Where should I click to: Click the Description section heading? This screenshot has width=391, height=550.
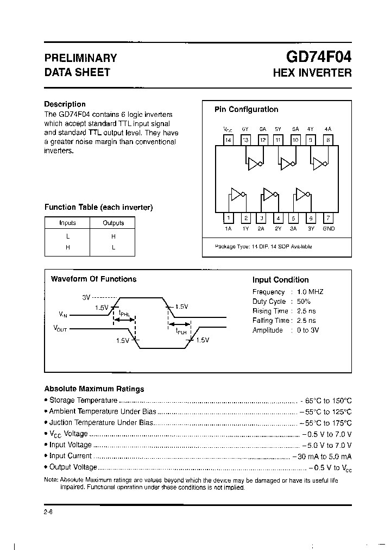(x=65, y=104)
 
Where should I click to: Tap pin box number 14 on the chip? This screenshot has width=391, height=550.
(x=228, y=140)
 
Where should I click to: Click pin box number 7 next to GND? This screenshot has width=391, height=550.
(x=327, y=218)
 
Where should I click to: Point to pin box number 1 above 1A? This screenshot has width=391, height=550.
(x=228, y=218)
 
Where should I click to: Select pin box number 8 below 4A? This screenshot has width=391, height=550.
(x=327, y=140)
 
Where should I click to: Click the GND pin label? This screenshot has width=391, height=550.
(x=328, y=229)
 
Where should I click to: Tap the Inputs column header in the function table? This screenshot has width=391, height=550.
(x=67, y=223)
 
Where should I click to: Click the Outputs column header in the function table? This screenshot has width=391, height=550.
(x=113, y=223)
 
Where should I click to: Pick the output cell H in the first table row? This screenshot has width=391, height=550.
(x=113, y=236)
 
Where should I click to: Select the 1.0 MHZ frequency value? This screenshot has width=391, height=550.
(x=310, y=292)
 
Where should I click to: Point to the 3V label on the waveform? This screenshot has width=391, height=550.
(x=85, y=297)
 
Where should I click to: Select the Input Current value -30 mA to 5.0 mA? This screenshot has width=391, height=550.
(x=321, y=456)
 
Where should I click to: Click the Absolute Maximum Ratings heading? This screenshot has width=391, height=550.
(x=94, y=389)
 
